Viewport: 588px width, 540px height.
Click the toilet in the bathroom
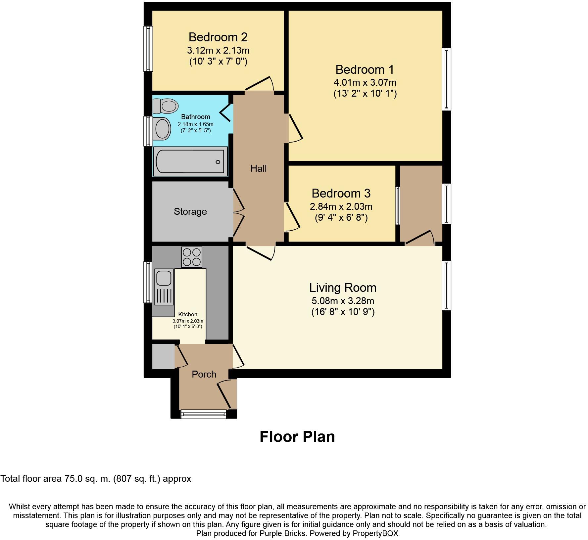pyautogui.click(x=165, y=106)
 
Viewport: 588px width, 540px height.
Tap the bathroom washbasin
pyautogui.click(x=162, y=128)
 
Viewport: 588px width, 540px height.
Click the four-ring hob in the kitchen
pyautogui.click(x=192, y=257)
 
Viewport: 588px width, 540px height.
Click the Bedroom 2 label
pyautogui.click(x=218, y=37)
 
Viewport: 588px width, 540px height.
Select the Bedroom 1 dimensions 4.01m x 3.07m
pyautogui.click(x=365, y=82)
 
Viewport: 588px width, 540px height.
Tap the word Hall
pyautogui.click(x=259, y=168)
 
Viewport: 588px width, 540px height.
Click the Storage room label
pyautogui.click(x=190, y=211)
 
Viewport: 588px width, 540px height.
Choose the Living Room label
pyautogui.click(x=343, y=288)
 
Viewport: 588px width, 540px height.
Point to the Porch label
pyautogui.click(x=204, y=374)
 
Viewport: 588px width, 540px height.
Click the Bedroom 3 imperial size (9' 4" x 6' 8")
pyautogui.click(x=341, y=218)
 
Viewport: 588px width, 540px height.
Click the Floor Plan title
pyautogui.click(x=297, y=436)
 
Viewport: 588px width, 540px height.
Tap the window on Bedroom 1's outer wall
pyautogui.click(x=447, y=79)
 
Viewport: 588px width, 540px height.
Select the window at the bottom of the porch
pyautogui.click(x=204, y=414)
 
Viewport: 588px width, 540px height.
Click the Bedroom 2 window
pyautogui.click(x=148, y=49)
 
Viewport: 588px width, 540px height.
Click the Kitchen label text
pyautogui.click(x=188, y=314)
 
